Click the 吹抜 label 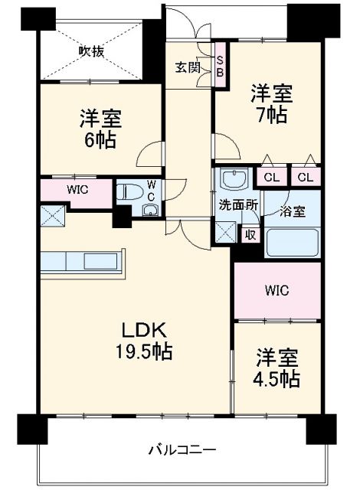(91, 51)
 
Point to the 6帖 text (100, 141)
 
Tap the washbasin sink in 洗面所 (230, 181)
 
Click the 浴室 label (293, 211)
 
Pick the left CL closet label (272, 177)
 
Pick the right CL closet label (306, 177)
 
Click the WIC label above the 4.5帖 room (277, 290)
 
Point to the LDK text (140, 331)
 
